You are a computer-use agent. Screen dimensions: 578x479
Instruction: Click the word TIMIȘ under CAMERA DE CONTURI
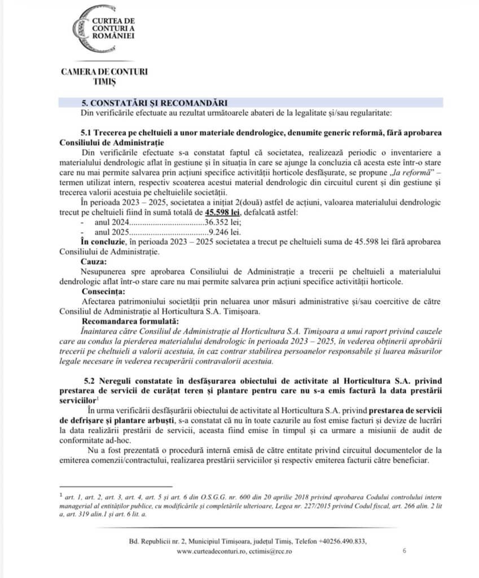(104, 82)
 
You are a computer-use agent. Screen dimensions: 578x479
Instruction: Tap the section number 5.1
(89, 132)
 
